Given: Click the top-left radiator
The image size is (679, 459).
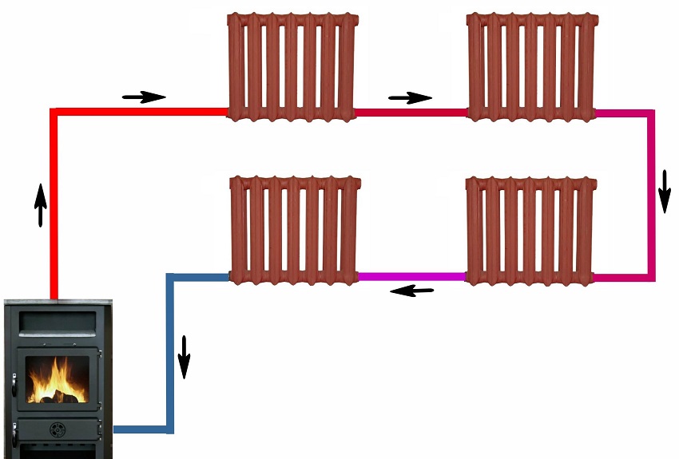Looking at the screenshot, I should (x=291, y=66).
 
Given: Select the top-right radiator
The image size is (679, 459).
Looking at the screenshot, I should (x=532, y=66).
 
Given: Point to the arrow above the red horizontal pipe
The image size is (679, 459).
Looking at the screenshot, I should (x=144, y=97).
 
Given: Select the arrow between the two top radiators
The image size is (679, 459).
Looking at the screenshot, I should (x=410, y=97).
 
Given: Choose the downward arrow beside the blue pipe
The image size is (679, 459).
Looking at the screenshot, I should (x=185, y=357).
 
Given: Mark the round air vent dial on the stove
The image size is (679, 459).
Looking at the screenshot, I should (x=58, y=429).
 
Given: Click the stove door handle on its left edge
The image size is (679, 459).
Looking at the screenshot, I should (x=13, y=386).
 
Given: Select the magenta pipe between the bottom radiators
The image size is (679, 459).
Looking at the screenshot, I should (x=411, y=276).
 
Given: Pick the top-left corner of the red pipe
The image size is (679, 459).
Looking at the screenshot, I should (x=54, y=113).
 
